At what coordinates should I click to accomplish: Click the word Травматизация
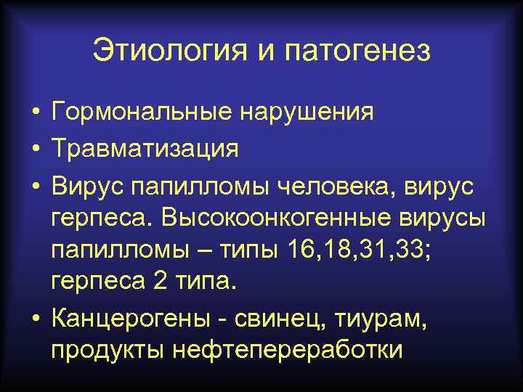[x=145, y=150]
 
